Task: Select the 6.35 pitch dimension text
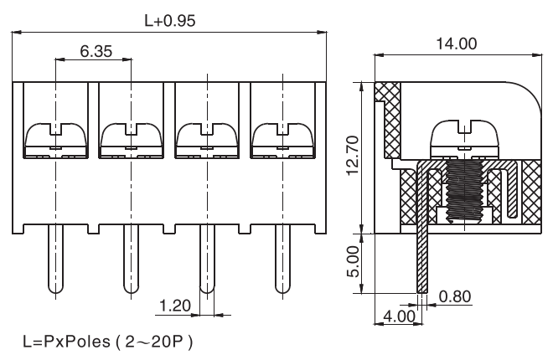(96, 50)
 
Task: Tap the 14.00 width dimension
(456, 44)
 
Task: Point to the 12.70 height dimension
(353, 154)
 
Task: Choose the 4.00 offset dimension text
(398, 316)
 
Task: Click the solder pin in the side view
(421, 260)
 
